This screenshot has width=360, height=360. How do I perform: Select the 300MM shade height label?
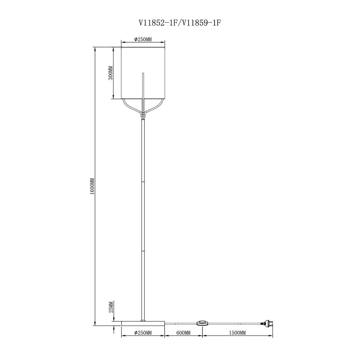click(111, 73)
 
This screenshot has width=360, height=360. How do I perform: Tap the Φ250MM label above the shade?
click(143, 39)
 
